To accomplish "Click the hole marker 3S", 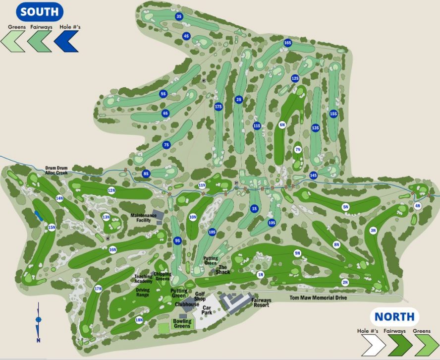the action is click(x=179, y=16).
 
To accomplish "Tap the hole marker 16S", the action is click(x=287, y=43).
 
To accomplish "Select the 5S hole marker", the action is click(x=163, y=94).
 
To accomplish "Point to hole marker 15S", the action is click(x=333, y=114).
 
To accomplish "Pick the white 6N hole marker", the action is click(x=282, y=124).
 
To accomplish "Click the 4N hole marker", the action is click(x=418, y=205).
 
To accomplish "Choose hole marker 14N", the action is click(x=59, y=198).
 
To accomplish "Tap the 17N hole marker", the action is click(x=98, y=289).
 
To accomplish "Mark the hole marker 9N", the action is click(x=297, y=253).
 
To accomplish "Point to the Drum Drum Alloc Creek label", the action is click(x=56, y=170).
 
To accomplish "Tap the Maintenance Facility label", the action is click(x=143, y=218).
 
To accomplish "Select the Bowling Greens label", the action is click(x=182, y=323).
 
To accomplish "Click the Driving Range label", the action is click(x=143, y=292).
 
